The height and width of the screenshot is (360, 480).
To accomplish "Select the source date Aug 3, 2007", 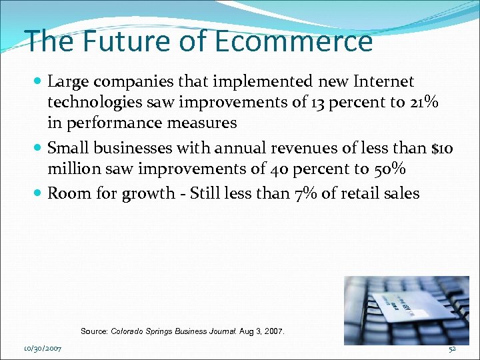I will [262, 331].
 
